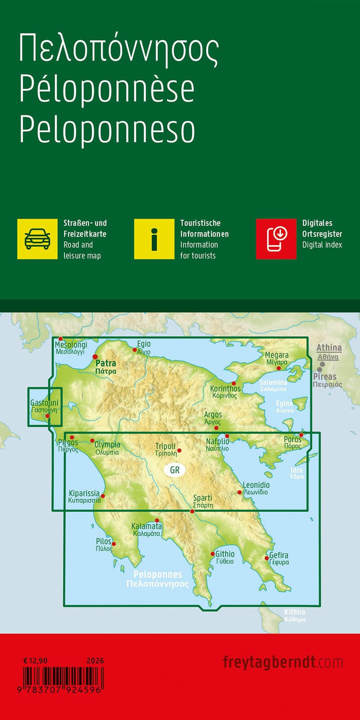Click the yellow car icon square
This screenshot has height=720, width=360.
coord(37,239)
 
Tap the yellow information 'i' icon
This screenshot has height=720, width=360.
coord(154,239)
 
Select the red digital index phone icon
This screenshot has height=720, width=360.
coord(276,239)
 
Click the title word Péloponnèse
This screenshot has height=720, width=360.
coord(106,89)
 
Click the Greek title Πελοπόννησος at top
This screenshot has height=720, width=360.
coord(119,49)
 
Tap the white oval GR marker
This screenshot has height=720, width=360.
coord(174,470)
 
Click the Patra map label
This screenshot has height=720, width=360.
coord(105,364)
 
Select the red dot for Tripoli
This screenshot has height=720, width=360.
coord(179,450)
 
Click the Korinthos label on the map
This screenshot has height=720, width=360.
coord(225,389)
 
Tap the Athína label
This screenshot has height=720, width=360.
coord(329,348)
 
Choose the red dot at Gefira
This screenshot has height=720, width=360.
coord(266,559)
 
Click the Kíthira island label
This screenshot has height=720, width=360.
coord(294,612)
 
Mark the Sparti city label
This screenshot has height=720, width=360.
coord(203,498)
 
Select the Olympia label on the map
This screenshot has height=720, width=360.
coord(107,445)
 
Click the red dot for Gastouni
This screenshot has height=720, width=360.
coord(47,416)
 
